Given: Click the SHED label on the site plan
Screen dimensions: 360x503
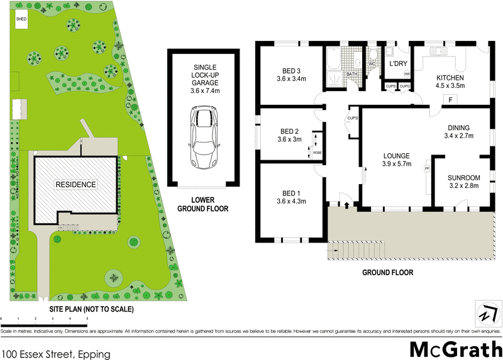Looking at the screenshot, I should tap(21, 19).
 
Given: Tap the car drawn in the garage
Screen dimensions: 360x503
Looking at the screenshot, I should tap(202, 134).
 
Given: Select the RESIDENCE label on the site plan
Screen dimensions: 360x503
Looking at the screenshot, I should tap(75, 185).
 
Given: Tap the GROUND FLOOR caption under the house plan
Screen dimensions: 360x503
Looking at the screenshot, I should tap(387, 273).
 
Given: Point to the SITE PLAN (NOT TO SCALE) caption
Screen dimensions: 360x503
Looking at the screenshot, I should tap(92, 309).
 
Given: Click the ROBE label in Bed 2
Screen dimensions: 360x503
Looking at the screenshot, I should tap(318, 152).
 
